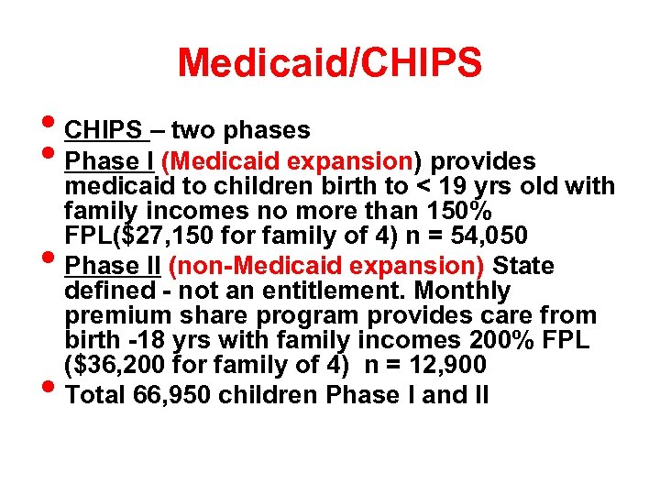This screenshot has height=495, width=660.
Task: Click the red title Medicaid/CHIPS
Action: (329, 63)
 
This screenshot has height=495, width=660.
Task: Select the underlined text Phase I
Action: (109, 162)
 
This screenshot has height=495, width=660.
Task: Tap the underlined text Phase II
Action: (114, 267)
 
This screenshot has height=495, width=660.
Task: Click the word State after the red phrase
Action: (523, 267)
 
